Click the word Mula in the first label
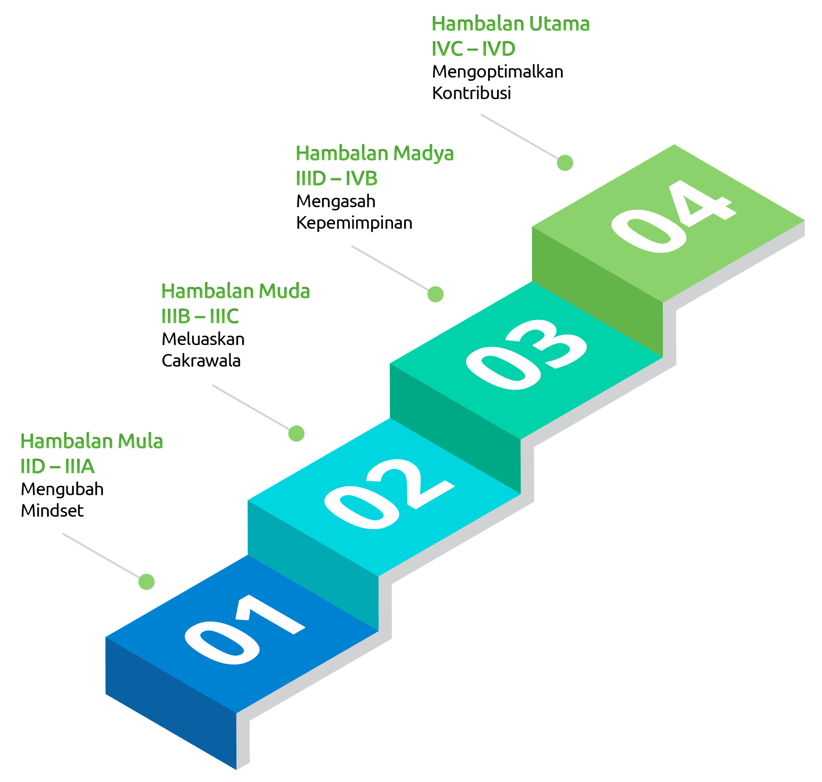coord(140,441)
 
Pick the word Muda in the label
coord(284,291)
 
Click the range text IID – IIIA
coord(57,467)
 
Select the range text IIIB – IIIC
coord(200,317)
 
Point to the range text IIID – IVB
coord(337,179)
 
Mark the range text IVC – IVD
coord(473,49)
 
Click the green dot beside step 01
coord(146,582)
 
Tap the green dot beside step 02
coord(296,433)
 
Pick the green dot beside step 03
coord(436,294)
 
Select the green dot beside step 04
coord(565,163)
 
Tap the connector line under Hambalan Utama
coord(518,135)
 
